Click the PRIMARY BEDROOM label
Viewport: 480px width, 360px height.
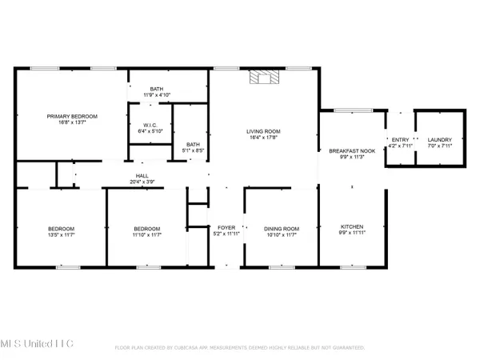click(x=72, y=117)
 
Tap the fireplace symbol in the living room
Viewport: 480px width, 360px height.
click(x=262, y=78)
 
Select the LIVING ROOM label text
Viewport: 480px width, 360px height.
click(x=263, y=131)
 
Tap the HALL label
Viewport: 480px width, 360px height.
click(x=142, y=175)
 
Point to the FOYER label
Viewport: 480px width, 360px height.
click(x=226, y=229)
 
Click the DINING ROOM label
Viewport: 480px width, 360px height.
click(x=280, y=229)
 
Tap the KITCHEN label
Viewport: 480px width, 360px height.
click(x=352, y=229)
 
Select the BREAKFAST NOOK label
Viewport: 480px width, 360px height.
click(x=352, y=150)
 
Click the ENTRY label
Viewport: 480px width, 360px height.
click(x=398, y=139)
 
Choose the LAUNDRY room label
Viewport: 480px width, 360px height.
click(x=440, y=139)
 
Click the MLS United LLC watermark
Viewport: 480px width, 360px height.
click(x=38, y=343)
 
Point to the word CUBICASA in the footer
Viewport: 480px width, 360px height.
click(x=198, y=348)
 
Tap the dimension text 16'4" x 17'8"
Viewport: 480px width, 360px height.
click(x=263, y=138)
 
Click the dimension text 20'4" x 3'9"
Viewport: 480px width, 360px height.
click(x=142, y=182)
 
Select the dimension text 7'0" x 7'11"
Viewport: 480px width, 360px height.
click(x=440, y=146)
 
